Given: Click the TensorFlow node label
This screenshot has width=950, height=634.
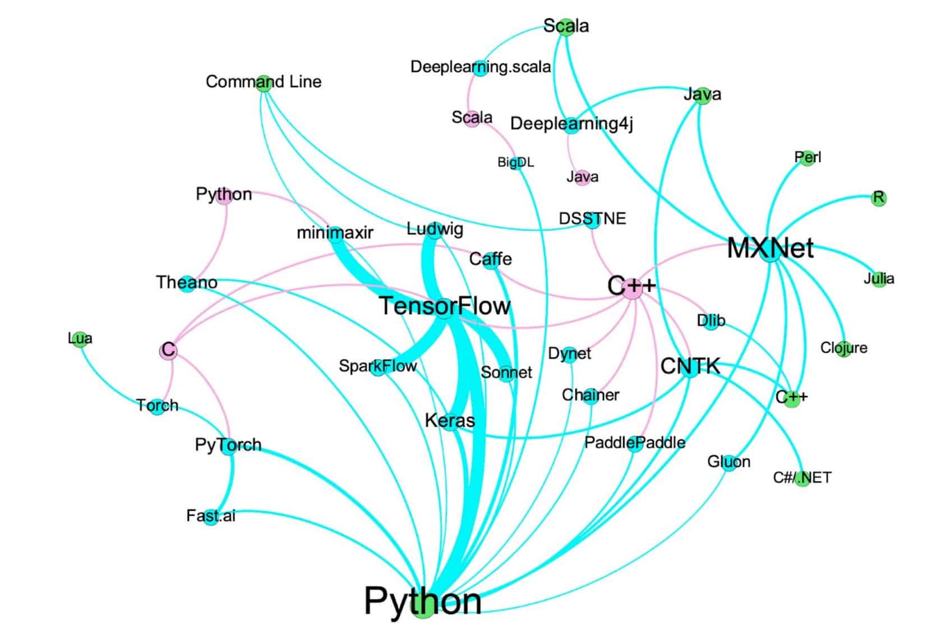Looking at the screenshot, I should [445, 306].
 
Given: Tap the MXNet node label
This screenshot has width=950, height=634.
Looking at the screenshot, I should [770, 248].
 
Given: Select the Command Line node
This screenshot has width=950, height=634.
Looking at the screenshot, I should [264, 83].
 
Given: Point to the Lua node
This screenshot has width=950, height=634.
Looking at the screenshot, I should [80, 338].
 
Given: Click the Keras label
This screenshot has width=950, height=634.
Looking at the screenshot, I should [450, 420].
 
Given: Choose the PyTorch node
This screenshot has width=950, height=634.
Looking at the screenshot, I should [228, 446].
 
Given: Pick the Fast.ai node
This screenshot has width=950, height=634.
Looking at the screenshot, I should [211, 516].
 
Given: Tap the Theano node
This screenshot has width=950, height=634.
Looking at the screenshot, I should [187, 283].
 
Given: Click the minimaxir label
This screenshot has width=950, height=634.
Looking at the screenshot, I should [335, 232].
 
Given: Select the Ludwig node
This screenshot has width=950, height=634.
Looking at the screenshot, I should [435, 229].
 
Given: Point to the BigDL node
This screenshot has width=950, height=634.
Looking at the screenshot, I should [515, 163].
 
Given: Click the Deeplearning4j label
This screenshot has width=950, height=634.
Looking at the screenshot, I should [571, 123].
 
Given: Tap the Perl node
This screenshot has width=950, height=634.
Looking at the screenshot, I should [808, 158].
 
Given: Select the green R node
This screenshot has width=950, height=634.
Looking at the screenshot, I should [879, 198].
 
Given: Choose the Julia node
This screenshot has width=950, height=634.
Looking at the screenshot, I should [879, 279].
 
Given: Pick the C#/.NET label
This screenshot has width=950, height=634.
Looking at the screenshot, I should [802, 477].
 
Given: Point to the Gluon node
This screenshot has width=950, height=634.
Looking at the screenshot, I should [728, 462].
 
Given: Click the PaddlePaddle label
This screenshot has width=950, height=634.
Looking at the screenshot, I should [635, 443].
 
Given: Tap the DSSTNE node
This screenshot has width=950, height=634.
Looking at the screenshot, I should [592, 219].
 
